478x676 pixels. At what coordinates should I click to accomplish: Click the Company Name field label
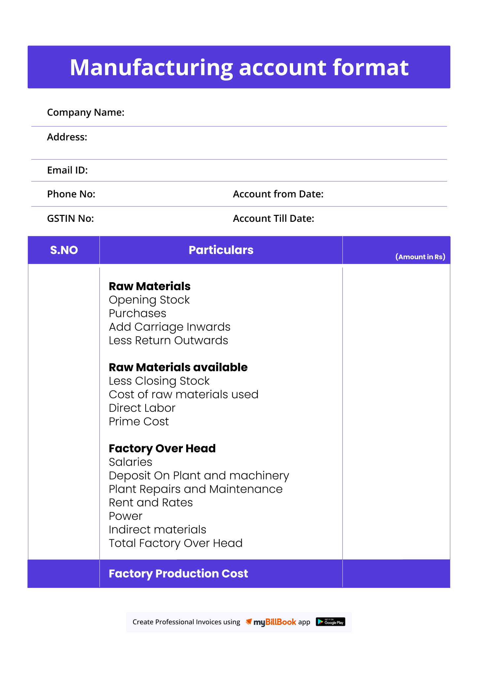pyautogui.click(x=85, y=113)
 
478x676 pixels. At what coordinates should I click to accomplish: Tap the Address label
pyautogui.click(x=67, y=137)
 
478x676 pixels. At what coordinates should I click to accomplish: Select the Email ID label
pyautogui.click(x=67, y=170)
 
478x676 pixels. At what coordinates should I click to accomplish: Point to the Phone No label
pyautogui.click(x=71, y=194)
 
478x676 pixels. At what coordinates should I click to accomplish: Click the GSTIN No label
pyautogui.click(x=70, y=219)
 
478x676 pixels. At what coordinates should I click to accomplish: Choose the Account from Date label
pyautogui.click(x=278, y=194)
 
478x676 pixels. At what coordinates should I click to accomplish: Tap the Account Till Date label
pyautogui.click(x=273, y=219)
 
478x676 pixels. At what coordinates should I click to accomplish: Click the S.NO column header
pyautogui.click(x=64, y=250)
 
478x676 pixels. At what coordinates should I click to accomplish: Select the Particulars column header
pyautogui.click(x=221, y=250)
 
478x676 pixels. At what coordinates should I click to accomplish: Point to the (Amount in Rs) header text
pyautogui.click(x=420, y=257)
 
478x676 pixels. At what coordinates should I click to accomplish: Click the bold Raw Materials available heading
pyautogui.click(x=178, y=367)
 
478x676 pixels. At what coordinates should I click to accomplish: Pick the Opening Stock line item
pyautogui.click(x=149, y=300)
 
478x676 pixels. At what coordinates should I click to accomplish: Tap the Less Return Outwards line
pyautogui.click(x=168, y=341)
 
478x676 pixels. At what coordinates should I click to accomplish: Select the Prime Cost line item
pyautogui.click(x=139, y=422)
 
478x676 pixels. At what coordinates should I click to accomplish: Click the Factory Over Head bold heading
pyautogui.click(x=162, y=449)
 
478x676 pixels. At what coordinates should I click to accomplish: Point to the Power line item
pyautogui.click(x=125, y=516)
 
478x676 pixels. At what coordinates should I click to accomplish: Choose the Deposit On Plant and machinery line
pyautogui.click(x=199, y=476)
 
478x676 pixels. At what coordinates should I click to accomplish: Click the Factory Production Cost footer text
pyautogui.click(x=178, y=574)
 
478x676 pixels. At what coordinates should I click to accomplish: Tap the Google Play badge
pyautogui.click(x=330, y=622)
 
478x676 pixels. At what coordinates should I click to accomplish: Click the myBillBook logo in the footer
pyautogui.click(x=271, y=622)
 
